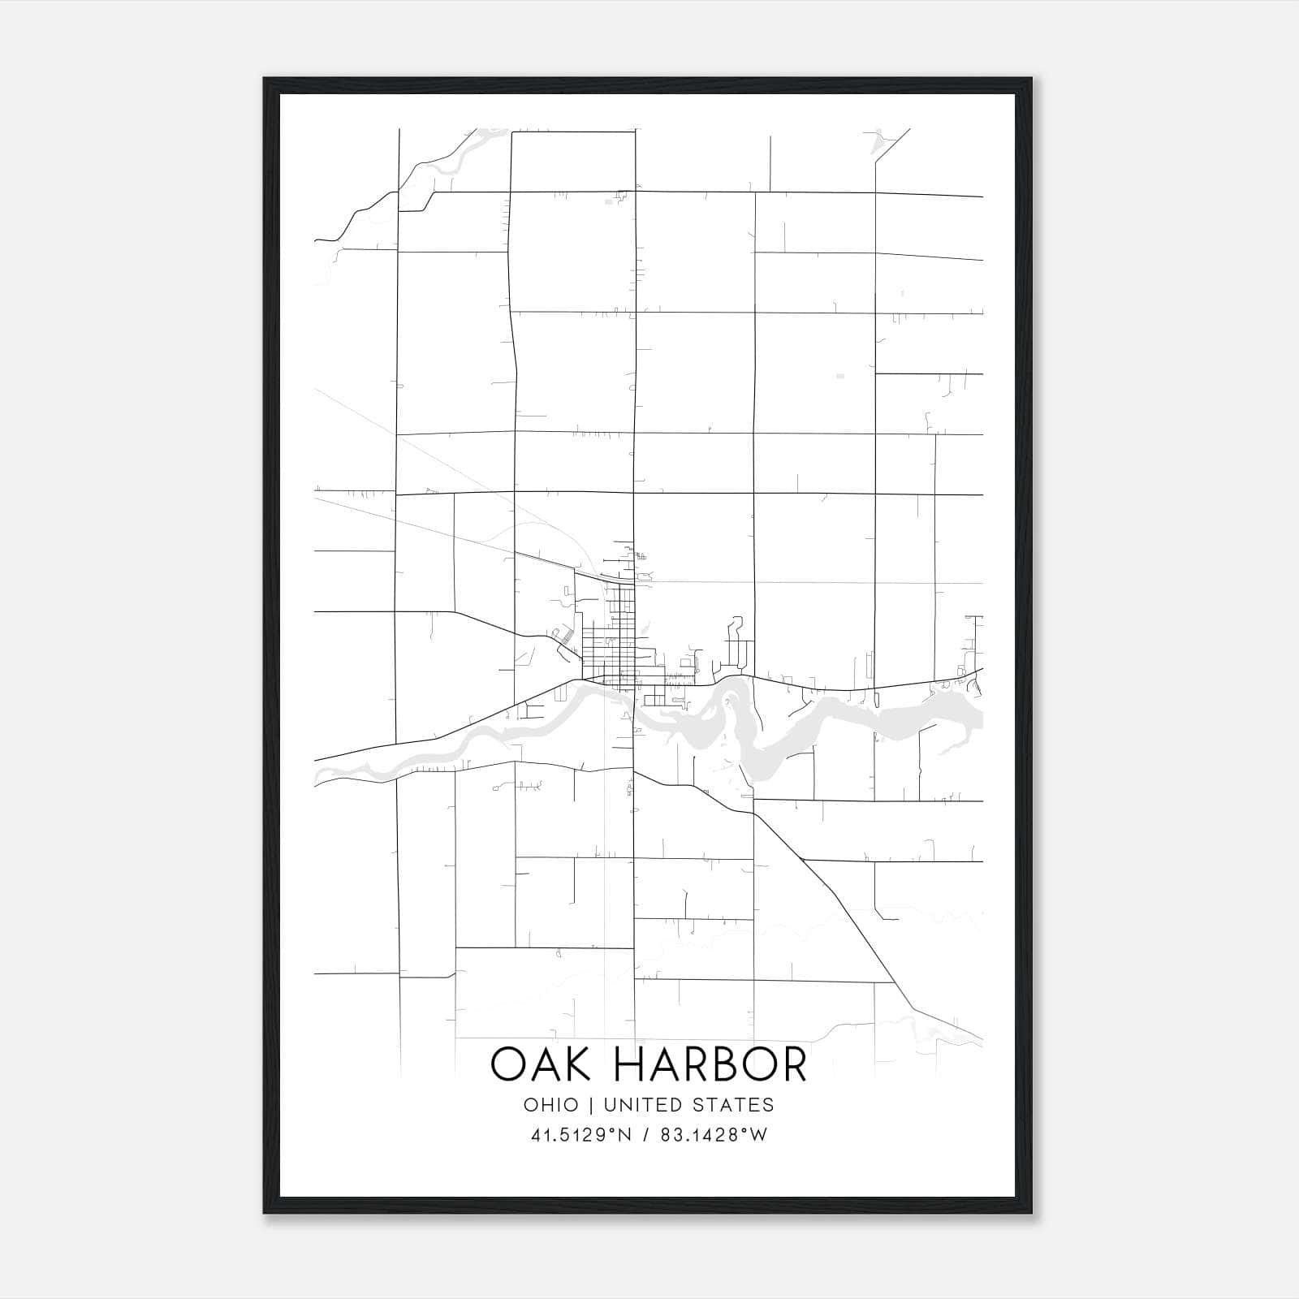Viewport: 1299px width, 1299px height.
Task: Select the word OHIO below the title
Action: pos(551,1105)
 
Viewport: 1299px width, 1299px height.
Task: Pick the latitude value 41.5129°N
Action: pos(581,1135)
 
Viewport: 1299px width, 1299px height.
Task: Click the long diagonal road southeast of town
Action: pos(844,909)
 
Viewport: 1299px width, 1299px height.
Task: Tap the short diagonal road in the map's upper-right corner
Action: pos(893,146)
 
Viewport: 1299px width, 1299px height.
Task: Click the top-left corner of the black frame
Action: pos(265,80)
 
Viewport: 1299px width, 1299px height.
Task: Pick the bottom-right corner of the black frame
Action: pos(1030,1212)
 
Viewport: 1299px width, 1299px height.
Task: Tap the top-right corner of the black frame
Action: pos(1030,80)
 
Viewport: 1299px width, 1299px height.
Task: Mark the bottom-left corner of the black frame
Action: pos(265,1212)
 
